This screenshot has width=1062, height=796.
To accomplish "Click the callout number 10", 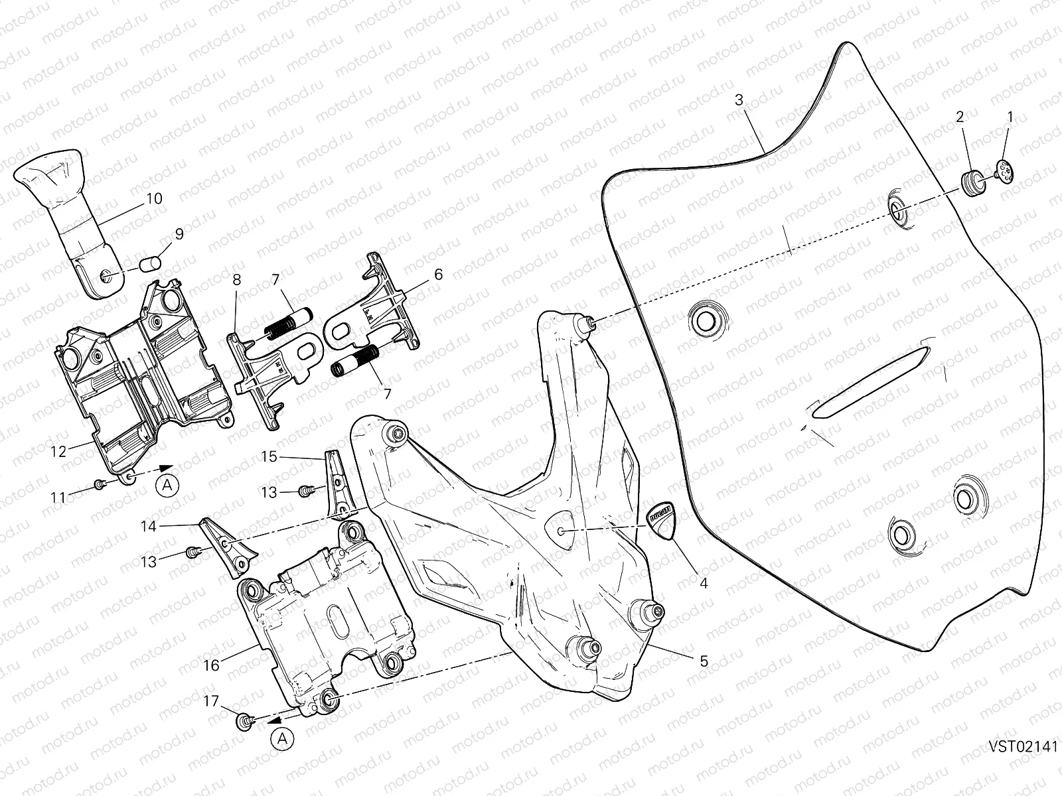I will click(x=154, y=198).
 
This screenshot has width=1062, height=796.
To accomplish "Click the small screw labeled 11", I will click(x=99, y=485).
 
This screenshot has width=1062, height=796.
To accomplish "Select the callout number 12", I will click(x=58, y=452).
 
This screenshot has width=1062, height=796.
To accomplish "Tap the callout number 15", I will click(x=268, y=456).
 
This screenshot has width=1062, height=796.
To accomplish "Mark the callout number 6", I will click(x=437, y=274).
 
